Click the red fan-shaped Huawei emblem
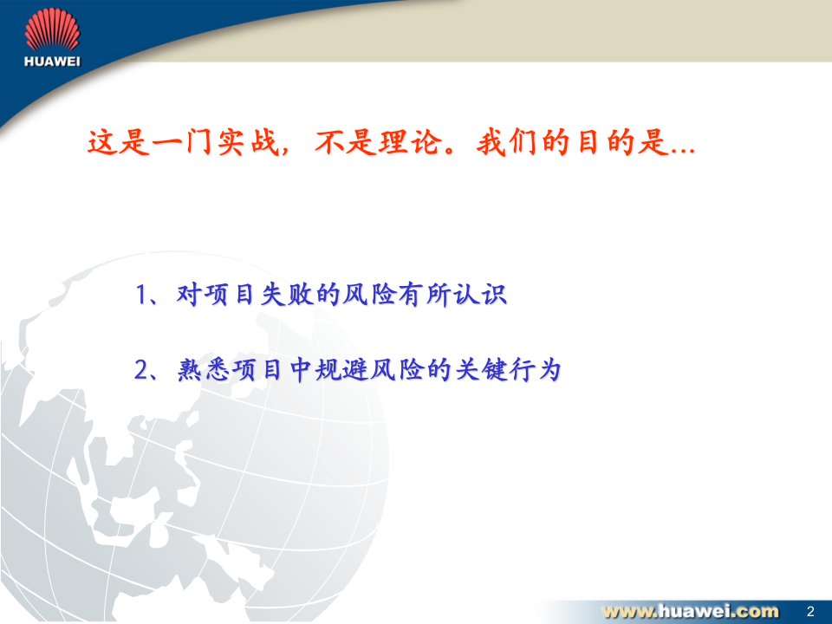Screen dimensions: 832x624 52,29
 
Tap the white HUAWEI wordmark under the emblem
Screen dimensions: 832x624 52,61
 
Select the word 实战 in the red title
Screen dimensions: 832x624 249,142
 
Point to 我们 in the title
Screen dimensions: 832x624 508,142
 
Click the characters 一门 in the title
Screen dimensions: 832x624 183,142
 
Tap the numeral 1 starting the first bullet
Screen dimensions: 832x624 141,295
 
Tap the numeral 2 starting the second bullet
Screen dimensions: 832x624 141,370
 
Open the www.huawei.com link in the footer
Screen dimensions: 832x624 691,611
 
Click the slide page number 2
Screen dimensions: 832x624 810,611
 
